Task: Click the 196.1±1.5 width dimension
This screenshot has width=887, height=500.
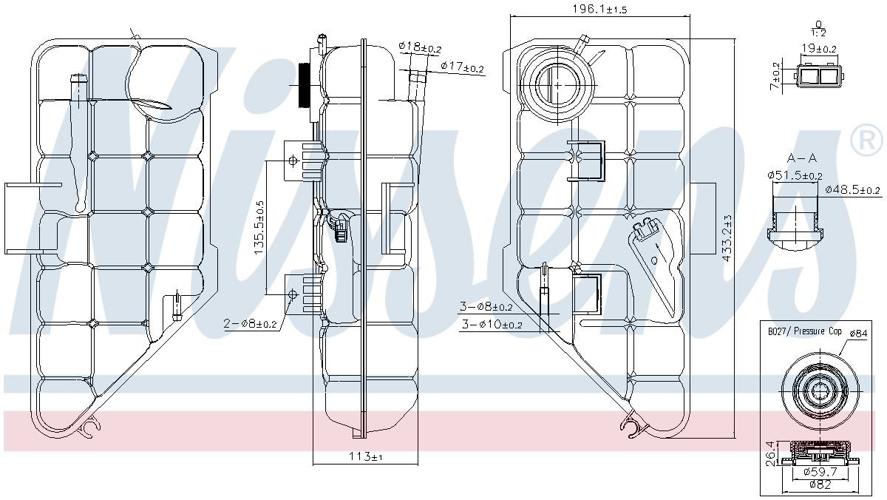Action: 599,8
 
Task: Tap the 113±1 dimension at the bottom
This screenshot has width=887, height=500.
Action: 366,457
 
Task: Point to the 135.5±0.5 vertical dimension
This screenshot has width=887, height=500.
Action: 259,227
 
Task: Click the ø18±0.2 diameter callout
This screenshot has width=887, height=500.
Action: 419,47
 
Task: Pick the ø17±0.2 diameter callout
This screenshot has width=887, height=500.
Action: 462,67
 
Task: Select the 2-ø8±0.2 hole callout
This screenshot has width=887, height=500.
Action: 250,323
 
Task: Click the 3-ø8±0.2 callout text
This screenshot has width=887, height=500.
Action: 486,306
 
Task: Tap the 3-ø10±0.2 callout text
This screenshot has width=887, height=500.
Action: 490,324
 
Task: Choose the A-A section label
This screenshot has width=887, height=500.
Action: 801,158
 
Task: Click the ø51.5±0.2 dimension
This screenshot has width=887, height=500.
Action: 795,175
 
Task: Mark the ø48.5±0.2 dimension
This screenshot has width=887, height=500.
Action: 852,190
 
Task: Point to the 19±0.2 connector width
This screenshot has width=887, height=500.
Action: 819,49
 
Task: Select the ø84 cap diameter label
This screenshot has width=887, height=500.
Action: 858,334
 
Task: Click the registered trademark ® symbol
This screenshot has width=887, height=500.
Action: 867,141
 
